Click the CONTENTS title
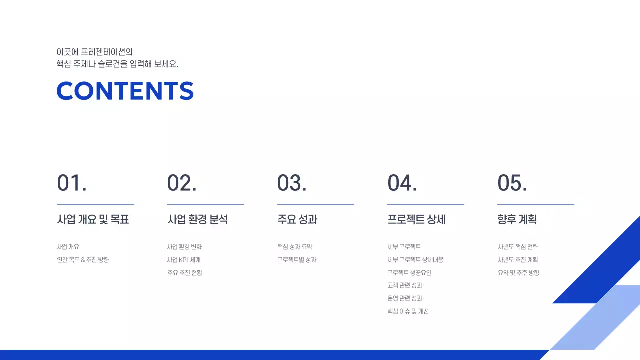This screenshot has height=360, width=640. tap(125, 91)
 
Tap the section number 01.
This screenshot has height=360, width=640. tap(72, 183)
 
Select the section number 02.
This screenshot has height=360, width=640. tap(182, 183)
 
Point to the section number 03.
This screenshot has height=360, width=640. tap(292, 183)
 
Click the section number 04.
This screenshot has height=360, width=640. tap(402, 183)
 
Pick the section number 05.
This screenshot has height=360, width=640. tap(512, 183)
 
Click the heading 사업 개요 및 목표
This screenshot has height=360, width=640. tap(93, 219)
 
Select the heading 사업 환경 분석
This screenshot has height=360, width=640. tap(197, 219)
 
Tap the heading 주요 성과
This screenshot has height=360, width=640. tap(297, 219)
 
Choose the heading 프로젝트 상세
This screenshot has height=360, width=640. tap(416, 219)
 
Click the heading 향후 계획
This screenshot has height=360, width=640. tap(517, 219)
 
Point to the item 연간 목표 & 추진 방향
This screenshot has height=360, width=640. tap(83, 260)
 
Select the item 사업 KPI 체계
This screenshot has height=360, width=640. tap(184, 260)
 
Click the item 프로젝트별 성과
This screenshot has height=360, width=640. tap(297, 260)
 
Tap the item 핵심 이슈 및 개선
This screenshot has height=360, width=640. tap(408, 311)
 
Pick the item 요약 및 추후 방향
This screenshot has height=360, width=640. tap(518, 273)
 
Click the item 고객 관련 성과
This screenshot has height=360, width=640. tap(405, 285)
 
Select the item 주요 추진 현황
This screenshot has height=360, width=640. tap(185, 273)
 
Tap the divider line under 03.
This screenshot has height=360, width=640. tap(315, 205)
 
